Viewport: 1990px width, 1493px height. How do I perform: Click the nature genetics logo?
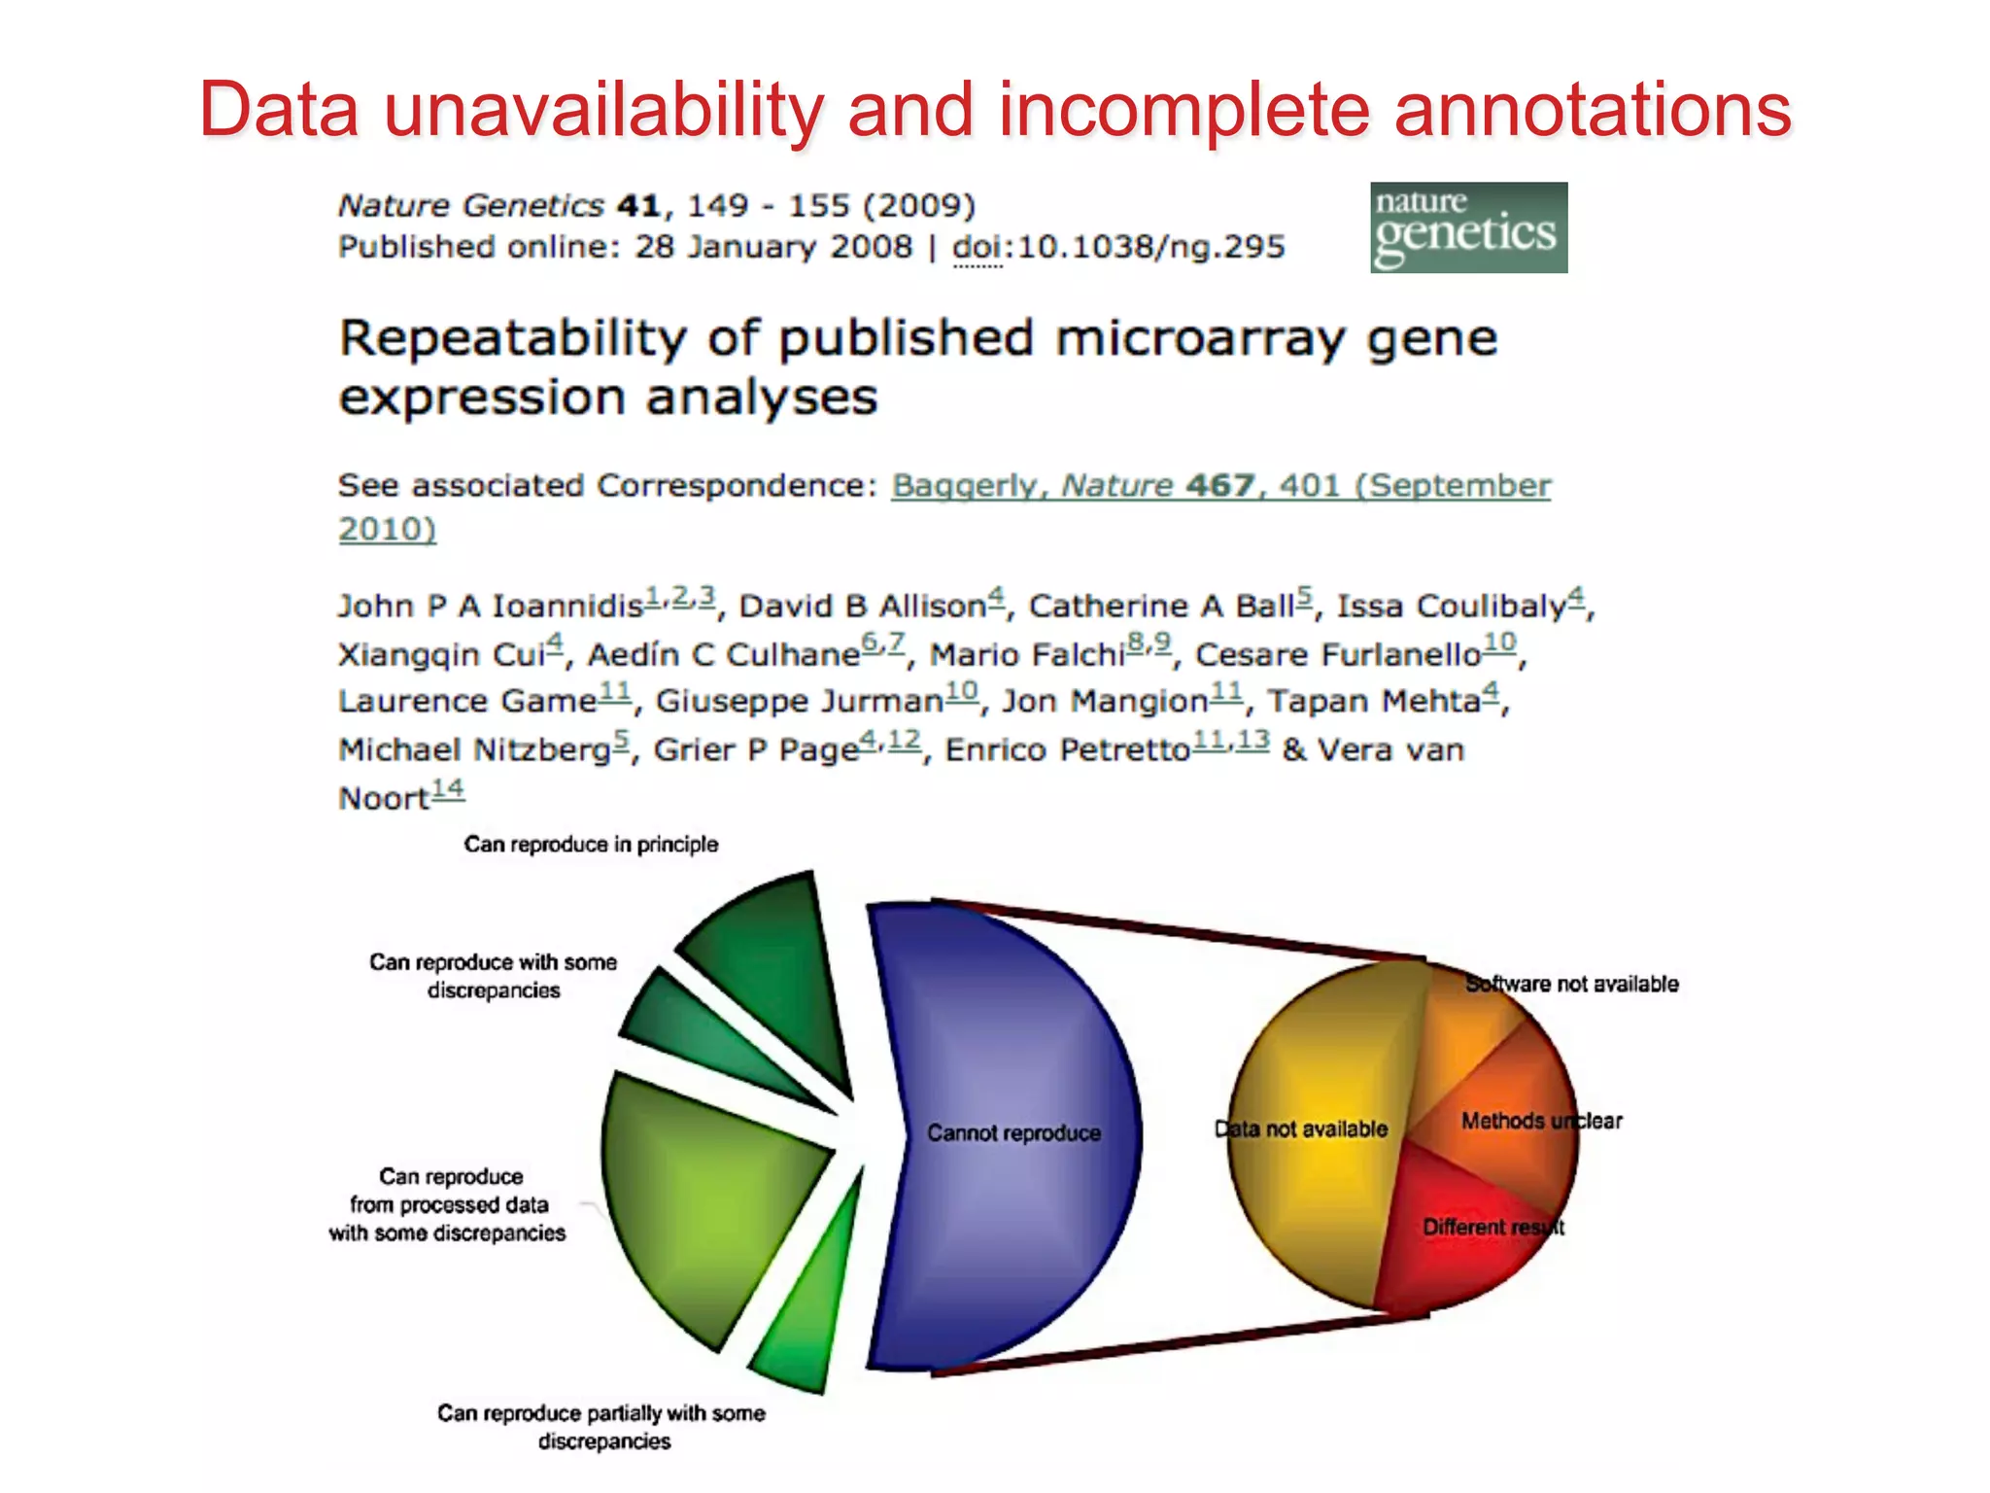click(x=1468, y=227)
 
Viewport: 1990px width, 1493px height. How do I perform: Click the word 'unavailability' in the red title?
click(x=602, y=110)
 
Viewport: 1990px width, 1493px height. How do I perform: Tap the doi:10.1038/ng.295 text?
click(x=1118, y=247)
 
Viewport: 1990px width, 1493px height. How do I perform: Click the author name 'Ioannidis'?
click(x=567, y=607)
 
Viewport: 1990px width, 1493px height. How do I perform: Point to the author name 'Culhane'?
click(x=793, y=655)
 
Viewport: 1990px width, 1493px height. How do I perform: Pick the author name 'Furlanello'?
click(x=1337, y=655)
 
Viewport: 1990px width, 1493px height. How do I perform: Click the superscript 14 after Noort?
click(x=448, y=790)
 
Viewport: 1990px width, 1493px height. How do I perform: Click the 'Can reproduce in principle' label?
click(x=591, y=844)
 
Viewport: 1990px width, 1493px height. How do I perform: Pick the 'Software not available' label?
click(x=1572, y=984)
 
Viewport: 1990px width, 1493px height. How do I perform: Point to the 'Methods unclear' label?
click(x=1541, y=1121)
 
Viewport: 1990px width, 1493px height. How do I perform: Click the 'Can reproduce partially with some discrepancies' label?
click(x=601, y=1426)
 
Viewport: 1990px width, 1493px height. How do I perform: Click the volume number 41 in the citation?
click(x=638, y=206)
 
